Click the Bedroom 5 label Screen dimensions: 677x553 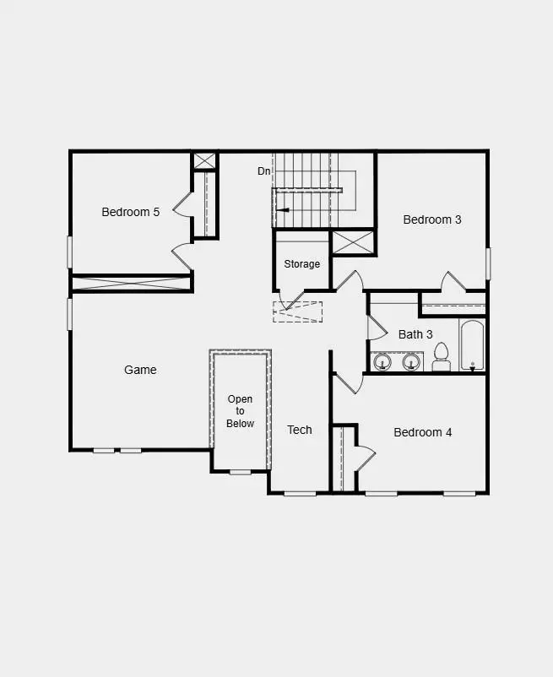(130, 212)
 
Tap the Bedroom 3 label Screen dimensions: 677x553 (431, 219)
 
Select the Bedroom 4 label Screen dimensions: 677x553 (422, 432)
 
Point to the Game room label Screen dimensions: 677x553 (140, 370)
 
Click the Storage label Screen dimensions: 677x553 (301, 264)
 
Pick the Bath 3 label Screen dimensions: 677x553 (415, 334)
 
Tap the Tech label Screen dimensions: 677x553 (299, 430)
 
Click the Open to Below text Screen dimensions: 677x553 (240, 411)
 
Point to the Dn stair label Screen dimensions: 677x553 (264, 171)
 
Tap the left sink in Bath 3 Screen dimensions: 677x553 (383, 362)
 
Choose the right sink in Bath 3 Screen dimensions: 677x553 (411, 362)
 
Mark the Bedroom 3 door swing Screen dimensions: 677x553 (453, 281)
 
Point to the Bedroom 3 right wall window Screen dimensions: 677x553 (488, 263)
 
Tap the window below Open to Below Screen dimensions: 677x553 (240, 471)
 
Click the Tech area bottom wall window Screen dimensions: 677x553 (300, 493)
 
